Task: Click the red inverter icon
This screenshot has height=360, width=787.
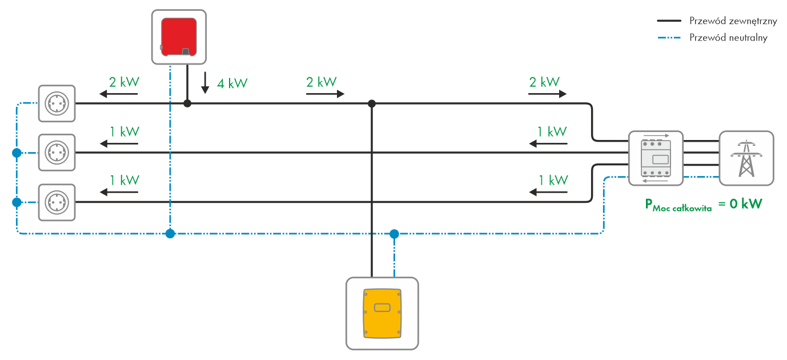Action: point(179,37)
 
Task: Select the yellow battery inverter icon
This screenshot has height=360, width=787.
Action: point(382,313)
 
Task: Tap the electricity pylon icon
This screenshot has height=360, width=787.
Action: point(746,158)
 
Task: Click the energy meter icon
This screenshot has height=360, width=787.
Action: point(655,158)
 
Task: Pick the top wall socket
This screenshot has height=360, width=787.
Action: point(57,103)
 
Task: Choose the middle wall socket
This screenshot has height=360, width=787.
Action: point(57,153)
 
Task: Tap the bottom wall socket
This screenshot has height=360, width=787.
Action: point(57,202)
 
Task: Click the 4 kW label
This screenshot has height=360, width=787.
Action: point(232,83)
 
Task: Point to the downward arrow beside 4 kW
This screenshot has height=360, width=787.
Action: point(204,83)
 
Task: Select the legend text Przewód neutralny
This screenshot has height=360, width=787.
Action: point(728,38)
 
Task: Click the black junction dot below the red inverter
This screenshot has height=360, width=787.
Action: point(187,103)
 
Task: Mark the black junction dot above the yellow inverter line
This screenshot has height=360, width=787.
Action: point(372,103)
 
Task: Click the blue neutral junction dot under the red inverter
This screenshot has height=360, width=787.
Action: point(170,233)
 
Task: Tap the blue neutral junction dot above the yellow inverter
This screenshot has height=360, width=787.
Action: point(394,233)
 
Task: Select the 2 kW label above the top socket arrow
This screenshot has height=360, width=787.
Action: point(124,82)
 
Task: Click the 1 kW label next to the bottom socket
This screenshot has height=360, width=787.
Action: point(124,180)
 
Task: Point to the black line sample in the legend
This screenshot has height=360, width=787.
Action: point(669,21)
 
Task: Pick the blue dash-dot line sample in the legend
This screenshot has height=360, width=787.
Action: point(669,38)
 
